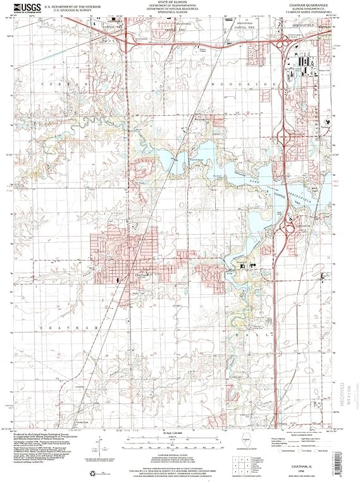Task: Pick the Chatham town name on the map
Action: (142, 275)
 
